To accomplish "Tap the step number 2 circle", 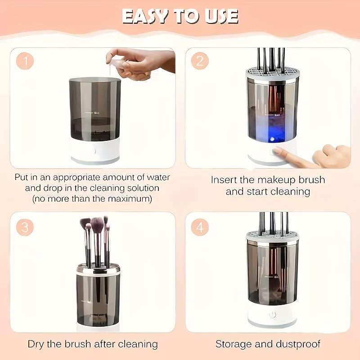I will tap(200, 61).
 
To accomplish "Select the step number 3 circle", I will tap(25, 227).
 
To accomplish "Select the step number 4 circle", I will tap(200, 227).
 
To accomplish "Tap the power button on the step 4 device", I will tap(273, 315).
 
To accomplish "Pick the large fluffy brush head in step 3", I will tap(98, 223).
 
